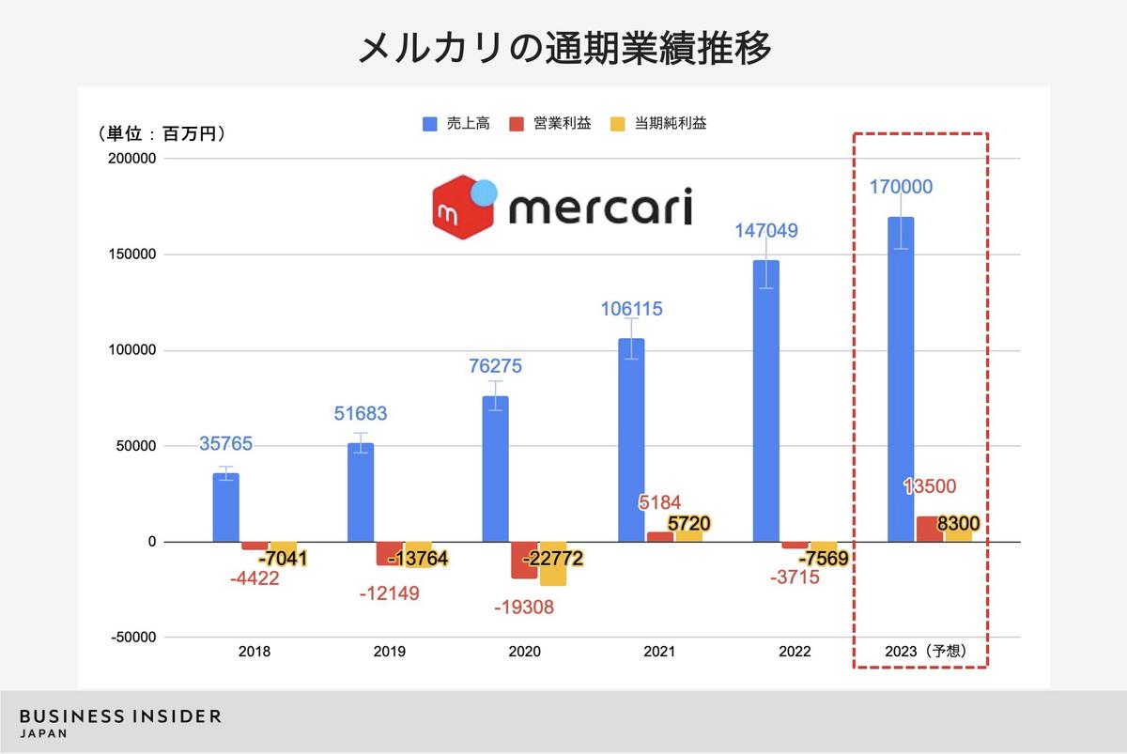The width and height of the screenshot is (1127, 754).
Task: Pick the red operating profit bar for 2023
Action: tap(930, 529)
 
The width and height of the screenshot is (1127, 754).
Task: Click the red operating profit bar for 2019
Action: tap(390, 553)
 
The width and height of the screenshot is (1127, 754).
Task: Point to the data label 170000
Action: tap(901, 187)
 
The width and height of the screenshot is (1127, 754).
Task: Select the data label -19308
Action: tap(524, 607)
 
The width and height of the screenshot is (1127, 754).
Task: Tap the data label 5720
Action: tap(688, 524)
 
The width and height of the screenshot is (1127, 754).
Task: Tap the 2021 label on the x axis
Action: tap(659, 650)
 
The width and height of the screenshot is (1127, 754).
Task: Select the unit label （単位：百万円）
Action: tap(162, 134)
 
